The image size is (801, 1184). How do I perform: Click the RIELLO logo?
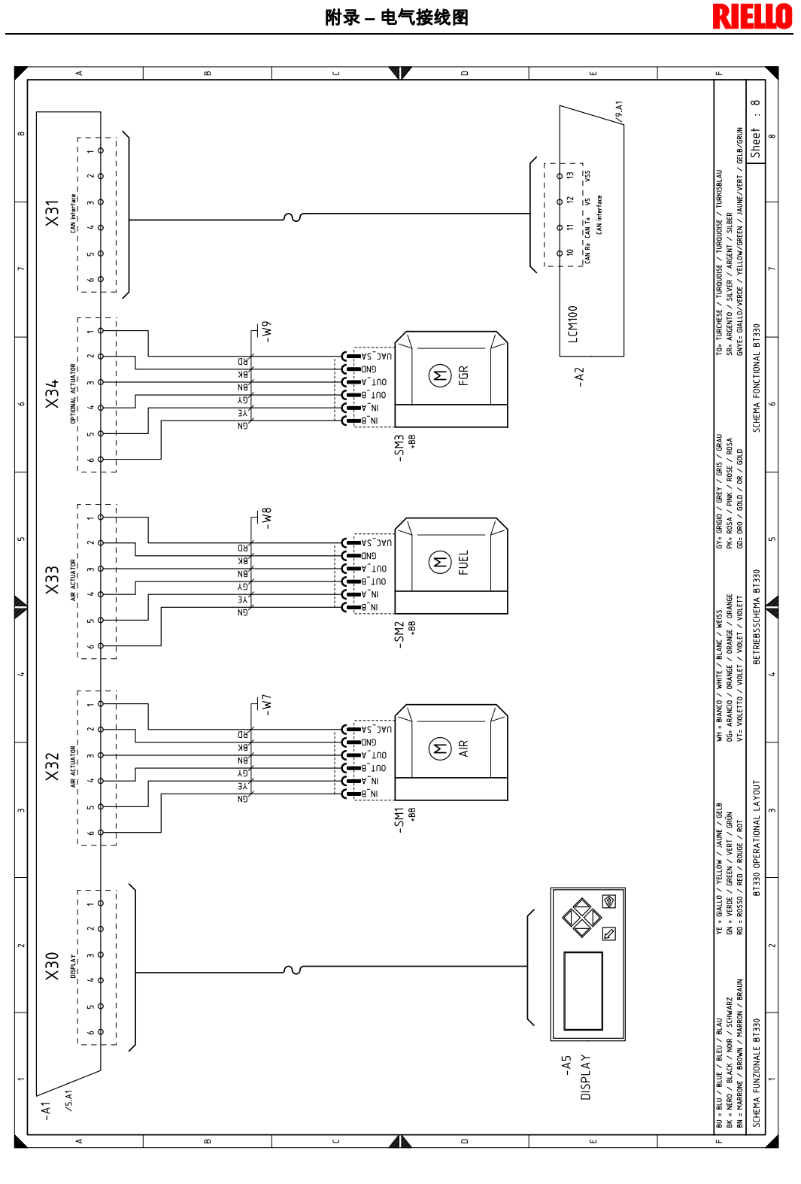tap(752, 17)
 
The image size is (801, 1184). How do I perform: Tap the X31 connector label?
tap(52, 213)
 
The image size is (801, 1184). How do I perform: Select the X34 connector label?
tap(52, 394)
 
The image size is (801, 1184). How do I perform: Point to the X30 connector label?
tap(52, 966)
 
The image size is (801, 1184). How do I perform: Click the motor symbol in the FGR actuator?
tap(439, 375)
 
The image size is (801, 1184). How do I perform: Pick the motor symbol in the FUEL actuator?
tap(439, 561)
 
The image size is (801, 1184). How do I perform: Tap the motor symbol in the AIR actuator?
tap(439, 748)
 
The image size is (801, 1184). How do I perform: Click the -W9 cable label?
tap(265, 332)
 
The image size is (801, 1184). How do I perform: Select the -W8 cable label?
tap(265, 518)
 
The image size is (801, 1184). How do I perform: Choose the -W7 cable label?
tap(265, 704)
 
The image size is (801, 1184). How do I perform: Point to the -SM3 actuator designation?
tap(399, 448)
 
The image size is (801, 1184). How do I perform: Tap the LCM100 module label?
tap(573, 324)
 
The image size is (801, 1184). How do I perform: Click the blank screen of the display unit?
tap(583, 990)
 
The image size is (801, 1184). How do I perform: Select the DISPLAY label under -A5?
tap(586, 1076)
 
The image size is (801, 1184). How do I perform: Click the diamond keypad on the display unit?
tap(582, 917)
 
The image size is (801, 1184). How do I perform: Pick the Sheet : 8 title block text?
tap(755, 129)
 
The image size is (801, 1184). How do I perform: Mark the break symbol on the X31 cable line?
tap(293, 217)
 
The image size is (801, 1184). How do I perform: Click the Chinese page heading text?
tap(396, 17)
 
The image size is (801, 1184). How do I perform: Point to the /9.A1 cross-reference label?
tap(619, 111)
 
